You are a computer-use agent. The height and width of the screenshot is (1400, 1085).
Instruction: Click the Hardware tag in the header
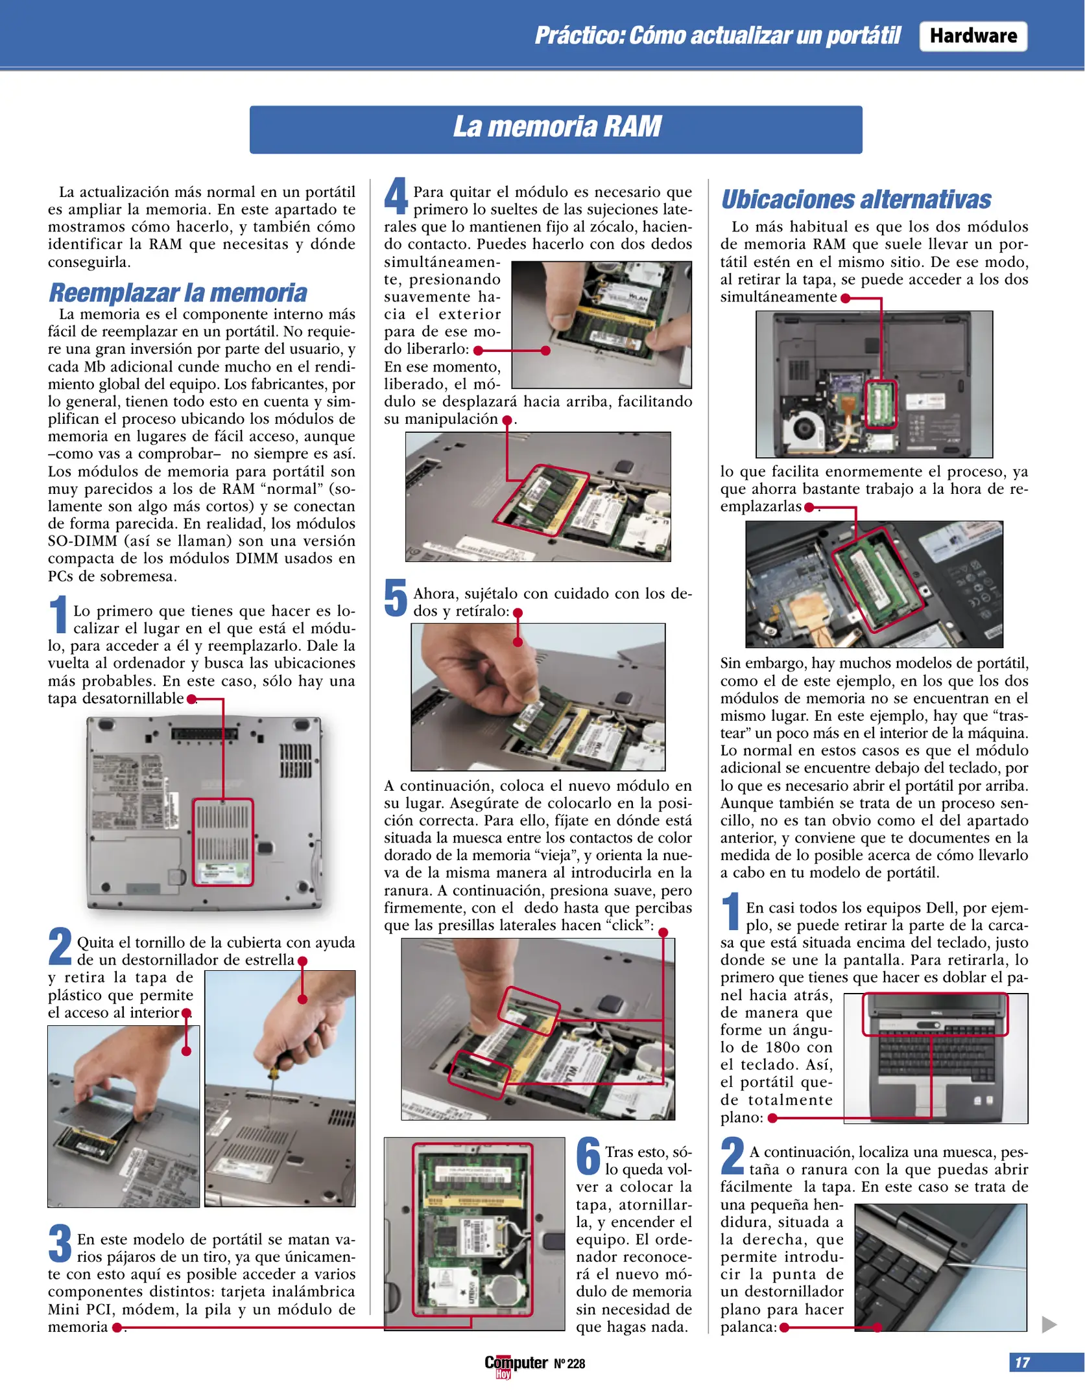[x=972, y=36]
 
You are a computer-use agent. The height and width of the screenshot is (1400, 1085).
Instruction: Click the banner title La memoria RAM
[x=556, y=127]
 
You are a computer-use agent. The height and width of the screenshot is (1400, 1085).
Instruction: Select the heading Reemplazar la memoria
[x=178, y=293]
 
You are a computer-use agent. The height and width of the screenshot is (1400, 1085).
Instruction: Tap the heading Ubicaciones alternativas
[x=855, y=200]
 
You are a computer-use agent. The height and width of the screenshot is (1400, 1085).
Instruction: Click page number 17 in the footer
[x=1022, y=1362]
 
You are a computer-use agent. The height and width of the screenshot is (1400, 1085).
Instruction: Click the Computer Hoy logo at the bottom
[x=516, y=1364]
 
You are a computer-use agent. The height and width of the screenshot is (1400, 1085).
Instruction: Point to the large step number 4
[x=396, y=196]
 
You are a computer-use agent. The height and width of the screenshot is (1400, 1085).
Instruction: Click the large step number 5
[x=396, y=598]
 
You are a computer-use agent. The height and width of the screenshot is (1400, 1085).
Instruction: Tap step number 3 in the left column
[x=60, y=1243]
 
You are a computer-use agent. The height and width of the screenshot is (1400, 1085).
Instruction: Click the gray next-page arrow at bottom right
[x=1049, y=1324]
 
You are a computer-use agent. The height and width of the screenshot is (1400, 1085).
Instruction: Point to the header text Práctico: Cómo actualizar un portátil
[x=717, y=36]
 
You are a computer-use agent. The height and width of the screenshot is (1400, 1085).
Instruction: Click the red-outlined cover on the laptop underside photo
[x=222, y=842]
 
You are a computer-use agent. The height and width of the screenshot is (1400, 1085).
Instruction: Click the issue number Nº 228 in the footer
[x=569, y=1364]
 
